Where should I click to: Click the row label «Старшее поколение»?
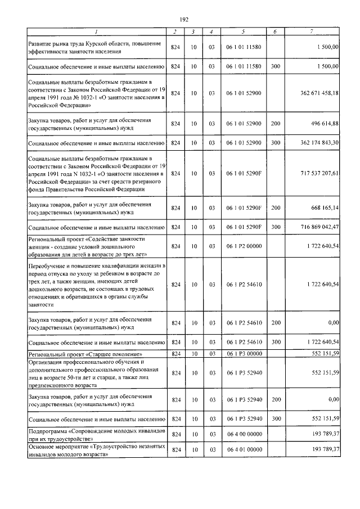coord(78,353)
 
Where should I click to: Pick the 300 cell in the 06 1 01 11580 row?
coord(275,66)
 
